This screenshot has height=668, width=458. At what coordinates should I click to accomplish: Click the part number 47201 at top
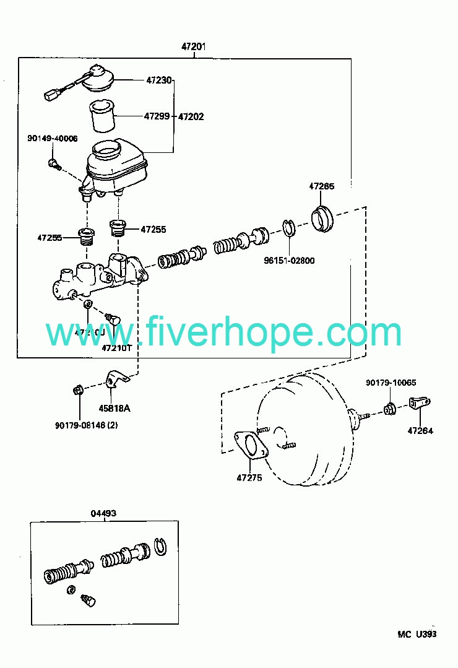[194, 46]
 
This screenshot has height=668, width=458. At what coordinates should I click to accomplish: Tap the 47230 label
[158, 80]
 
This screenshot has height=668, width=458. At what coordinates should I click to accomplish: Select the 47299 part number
[157, 116]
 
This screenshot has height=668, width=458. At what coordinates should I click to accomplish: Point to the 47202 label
[191, 116]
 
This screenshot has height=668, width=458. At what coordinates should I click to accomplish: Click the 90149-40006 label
[52, 138]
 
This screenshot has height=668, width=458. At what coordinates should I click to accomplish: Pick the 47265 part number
[322, 186]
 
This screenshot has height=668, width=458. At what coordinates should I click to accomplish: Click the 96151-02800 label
[290, 261]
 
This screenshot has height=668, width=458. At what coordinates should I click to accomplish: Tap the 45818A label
[115, 408]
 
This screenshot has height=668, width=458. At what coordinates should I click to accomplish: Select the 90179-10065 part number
[391, 383]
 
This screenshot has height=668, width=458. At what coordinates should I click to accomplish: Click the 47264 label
[420, 430]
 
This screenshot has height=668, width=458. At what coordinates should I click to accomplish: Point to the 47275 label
[249, 477]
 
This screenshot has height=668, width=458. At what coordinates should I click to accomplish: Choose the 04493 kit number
[104, 513]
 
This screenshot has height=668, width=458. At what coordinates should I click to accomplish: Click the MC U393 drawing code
[417, 634]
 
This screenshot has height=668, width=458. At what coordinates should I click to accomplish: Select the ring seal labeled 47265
[321, 219]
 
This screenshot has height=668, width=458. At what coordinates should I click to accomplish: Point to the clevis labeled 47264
[420, 404]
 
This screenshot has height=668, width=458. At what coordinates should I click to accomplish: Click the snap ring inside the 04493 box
[160, 545]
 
